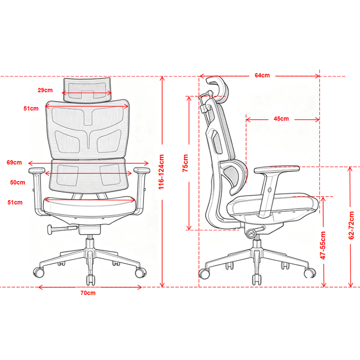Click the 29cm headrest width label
(x=45, y=90)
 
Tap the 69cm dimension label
(x=14, y=162)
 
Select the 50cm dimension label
(x=18, y=183)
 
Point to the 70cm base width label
(x=88, y=293)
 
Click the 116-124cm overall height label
(x=162, y=172)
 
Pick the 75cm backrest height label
(x=185, y=163)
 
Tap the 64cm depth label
(x=262, y=75)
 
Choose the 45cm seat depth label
(x=281, y=119)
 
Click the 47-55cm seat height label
(x=323, y=245)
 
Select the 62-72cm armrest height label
(x=351, y=225)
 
